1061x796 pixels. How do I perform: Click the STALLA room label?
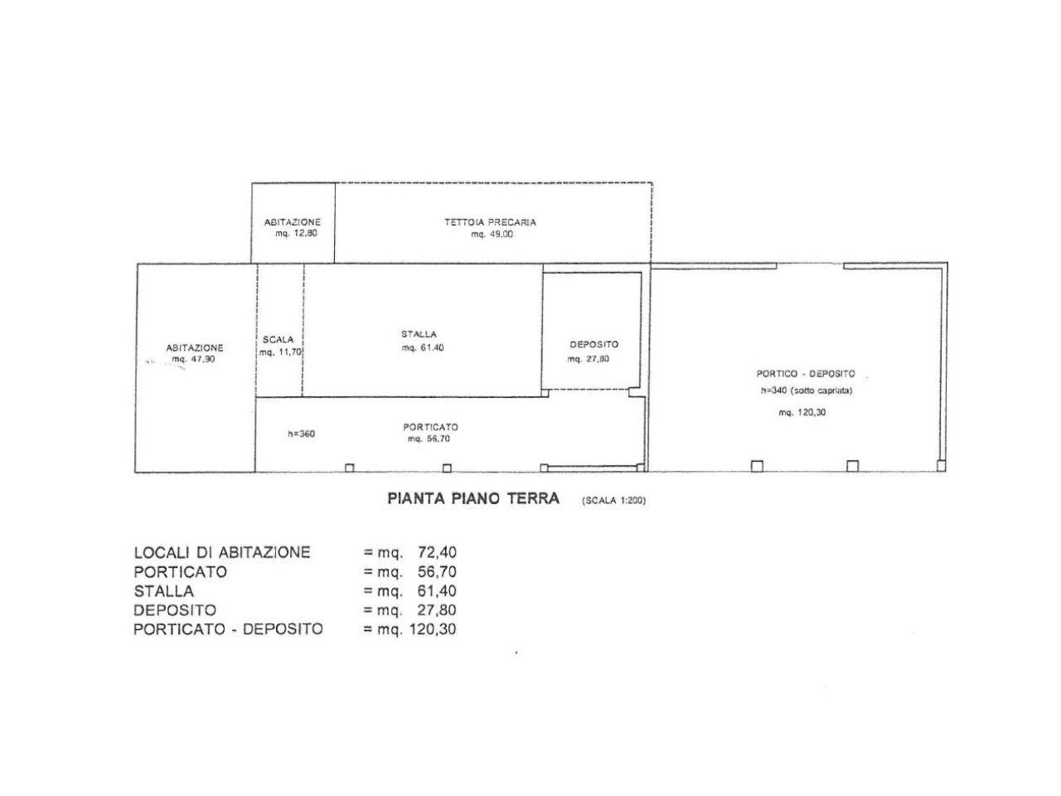click(x=419, y=334)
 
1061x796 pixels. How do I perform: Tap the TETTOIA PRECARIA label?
click(x=490, y=222)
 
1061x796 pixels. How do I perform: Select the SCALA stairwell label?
click(x=278, y=340)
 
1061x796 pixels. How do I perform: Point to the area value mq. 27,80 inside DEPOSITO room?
click(x=589, y=359)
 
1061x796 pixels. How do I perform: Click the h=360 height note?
click(x=301, y=434)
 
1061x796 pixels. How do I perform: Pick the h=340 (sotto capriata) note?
click(x=807, y=391)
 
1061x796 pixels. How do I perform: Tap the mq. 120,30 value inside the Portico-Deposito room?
click(x=802, y=412)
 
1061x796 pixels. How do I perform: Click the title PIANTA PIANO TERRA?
click(x=473, y=498)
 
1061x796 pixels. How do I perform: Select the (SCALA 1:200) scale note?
click(x=614, y=501)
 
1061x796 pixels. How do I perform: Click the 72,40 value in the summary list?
click(x=437, y=552)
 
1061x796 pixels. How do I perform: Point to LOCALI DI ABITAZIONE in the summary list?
click(x=222, y=552)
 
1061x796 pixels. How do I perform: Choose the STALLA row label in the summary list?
click(x=164, y=591)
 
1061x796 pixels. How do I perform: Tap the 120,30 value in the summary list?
click(x=433, y=629)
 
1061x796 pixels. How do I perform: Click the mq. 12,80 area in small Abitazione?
click(x=296, y=234)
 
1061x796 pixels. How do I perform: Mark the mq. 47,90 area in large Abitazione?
click(x=193, y=360)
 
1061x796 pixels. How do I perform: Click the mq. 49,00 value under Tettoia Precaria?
click(x=492, y=235)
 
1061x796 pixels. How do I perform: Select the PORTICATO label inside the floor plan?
click(x=431, y=427)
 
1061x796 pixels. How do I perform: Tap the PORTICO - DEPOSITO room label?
click(x=806, y=374)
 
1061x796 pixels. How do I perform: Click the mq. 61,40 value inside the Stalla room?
click(x=423, y=348)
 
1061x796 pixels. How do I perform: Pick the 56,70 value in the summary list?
click(x=437, y=572)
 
